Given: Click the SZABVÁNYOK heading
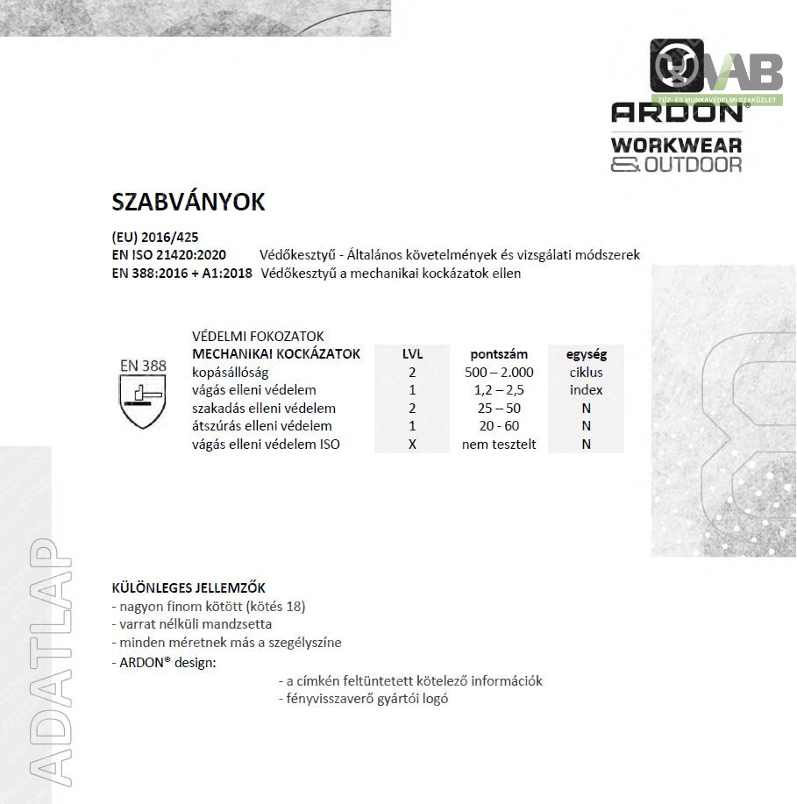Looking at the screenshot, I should (188, 202).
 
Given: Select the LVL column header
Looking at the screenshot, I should (412, 354).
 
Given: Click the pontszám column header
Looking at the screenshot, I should (499, 354).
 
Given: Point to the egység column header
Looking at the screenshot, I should (586, 354).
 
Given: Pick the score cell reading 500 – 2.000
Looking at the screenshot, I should (499, 373).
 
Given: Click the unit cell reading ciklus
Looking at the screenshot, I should (586, 373).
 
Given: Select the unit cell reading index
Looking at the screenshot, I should (586, 390).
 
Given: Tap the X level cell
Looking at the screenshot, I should (412, 445).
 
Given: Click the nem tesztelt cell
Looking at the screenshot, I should (499, 445).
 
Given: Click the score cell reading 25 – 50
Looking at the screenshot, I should (499, 409).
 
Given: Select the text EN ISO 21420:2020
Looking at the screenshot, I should (169, 255).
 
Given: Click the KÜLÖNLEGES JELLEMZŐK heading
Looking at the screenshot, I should (189, 587).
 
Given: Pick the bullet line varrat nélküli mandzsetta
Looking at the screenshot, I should (191, 624).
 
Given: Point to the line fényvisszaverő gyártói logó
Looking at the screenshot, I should (362, 699).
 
